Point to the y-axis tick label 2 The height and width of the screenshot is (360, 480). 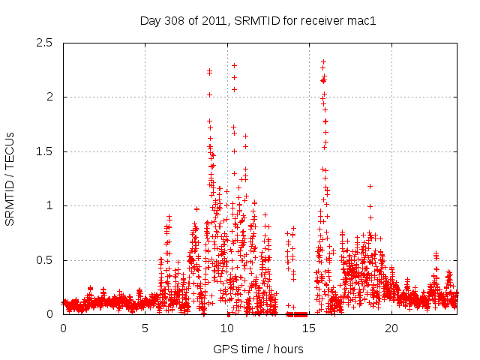(x=51, y=97)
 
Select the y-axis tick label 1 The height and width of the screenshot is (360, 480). (x=51, y=205)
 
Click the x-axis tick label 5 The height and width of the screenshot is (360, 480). (x=145, y=328)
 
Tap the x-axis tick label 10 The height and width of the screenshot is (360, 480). (x=226, y=328)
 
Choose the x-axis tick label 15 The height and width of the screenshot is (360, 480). (x=309, y=328)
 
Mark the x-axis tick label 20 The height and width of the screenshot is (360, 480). (x=391, y=328)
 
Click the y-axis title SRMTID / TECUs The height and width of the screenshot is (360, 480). (x=10, y=178)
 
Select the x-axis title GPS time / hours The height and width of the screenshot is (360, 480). (x=258, y=349)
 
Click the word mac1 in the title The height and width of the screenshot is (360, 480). (x=361, y=20)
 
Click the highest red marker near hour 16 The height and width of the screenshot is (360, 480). (x=323, y=61)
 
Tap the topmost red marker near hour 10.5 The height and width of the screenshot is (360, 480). (x=234, y=65)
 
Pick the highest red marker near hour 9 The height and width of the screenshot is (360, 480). (x=209, y=71)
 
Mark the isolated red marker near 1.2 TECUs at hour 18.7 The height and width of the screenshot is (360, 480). (x=370, y=186)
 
